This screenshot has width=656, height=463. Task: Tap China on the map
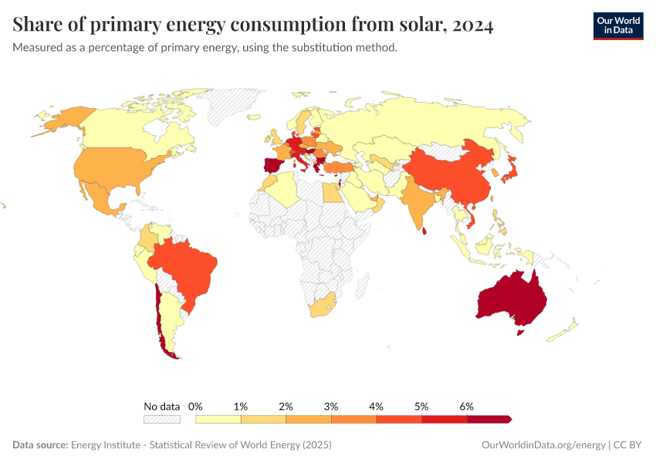click(x=448, y=174)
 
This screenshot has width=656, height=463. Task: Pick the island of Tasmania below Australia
click(x=519, y=333)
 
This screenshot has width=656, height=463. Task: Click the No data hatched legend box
click(x=161, y=419)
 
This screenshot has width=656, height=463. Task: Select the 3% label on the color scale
click(x=331, y=406)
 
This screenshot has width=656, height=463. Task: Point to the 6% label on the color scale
click(x=466, y=406)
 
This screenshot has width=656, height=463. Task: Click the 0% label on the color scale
click(x=195, y=406)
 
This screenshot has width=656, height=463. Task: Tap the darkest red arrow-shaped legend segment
click(x=489, y=419)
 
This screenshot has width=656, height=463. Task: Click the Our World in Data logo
click(x=617, y=25)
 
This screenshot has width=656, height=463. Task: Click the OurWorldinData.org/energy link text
click(x=542, y=445)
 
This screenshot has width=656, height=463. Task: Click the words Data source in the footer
click(x=39, y=445)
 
